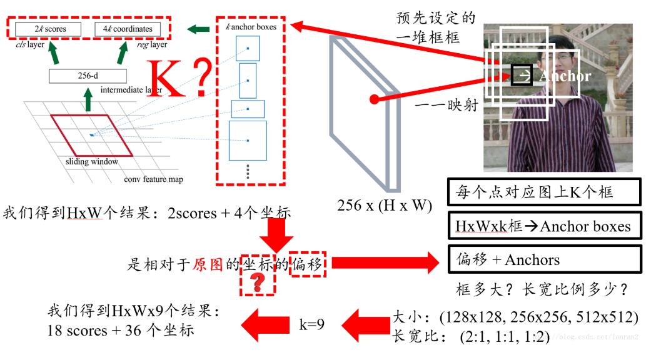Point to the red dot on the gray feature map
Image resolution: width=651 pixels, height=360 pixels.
(374, 99)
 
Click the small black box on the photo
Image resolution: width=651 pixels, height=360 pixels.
(521, 75)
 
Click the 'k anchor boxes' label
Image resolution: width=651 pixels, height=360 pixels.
(250, 27)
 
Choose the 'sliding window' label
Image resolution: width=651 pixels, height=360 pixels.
(91, 162)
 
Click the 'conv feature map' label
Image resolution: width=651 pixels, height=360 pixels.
(153, 180)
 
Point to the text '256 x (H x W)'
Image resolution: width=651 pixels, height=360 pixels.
(384, 205)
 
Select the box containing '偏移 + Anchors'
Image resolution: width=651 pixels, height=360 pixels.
(545, 259)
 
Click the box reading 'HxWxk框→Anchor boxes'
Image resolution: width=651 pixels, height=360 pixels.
(545, 226)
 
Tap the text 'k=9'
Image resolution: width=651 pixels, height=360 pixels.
(311, 324)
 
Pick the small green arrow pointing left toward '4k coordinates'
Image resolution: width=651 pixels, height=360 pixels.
(199, 29)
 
